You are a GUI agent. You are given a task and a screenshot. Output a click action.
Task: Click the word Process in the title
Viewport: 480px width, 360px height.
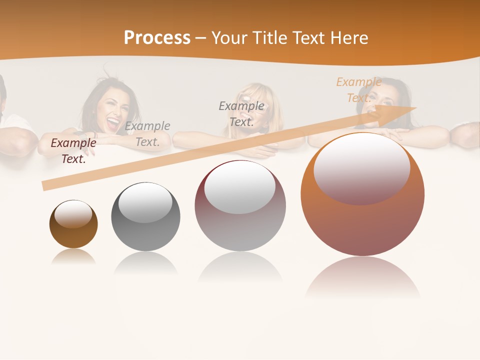[x=157, y=38]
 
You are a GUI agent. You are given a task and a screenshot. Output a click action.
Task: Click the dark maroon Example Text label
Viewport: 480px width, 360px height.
[x=73, y=150]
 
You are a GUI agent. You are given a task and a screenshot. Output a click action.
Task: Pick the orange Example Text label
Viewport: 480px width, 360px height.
[x=358, y=90]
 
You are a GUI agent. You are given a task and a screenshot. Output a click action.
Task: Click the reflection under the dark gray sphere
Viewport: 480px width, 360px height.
[x=145, y=263]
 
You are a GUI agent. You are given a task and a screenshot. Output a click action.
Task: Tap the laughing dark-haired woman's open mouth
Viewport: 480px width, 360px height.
[x=113, y=122]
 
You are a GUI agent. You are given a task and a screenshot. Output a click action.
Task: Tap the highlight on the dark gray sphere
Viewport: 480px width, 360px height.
[x=145, y=202]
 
